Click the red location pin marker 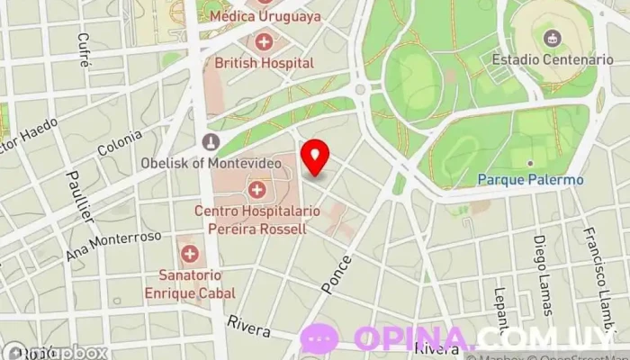(x=315, y=157)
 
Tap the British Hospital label (x=264, y=63)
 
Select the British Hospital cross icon (x=264, y=41)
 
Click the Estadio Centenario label (x=552, y=59)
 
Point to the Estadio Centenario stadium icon (x=552, y=38)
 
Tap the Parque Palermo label (x=530, y=180)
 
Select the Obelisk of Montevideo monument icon (x=211, y=142)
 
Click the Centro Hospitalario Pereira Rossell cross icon (x=257, y=190)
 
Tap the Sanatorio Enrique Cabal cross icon (x=191, y=255)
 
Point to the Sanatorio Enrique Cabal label (x=191, y=284)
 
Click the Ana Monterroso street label (x=113, y=245)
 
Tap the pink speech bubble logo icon (x=320, y=338)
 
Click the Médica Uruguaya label (x=264, y=16)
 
